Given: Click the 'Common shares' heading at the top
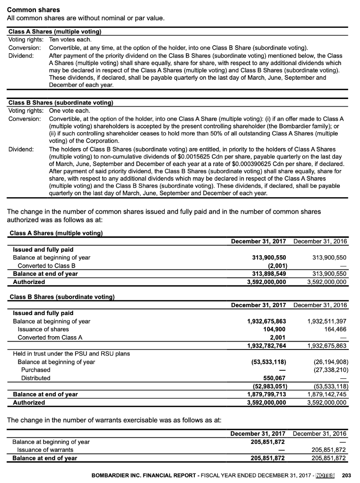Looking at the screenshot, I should [x=33, y=9].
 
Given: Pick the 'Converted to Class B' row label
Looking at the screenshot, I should [x=47, y=266].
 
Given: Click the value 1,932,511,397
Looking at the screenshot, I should [x=327, y=321].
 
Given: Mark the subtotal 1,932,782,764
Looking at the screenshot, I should [x=267, y=346].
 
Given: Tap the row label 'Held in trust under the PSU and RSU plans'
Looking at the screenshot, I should [x=71, y=354].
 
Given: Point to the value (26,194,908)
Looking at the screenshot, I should [x=330, y=362].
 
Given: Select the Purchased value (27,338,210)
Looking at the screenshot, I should [x=330, y=370].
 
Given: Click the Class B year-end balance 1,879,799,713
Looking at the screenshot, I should [x=267, y=394].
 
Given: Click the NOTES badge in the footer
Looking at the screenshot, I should [x=325, y=475].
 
